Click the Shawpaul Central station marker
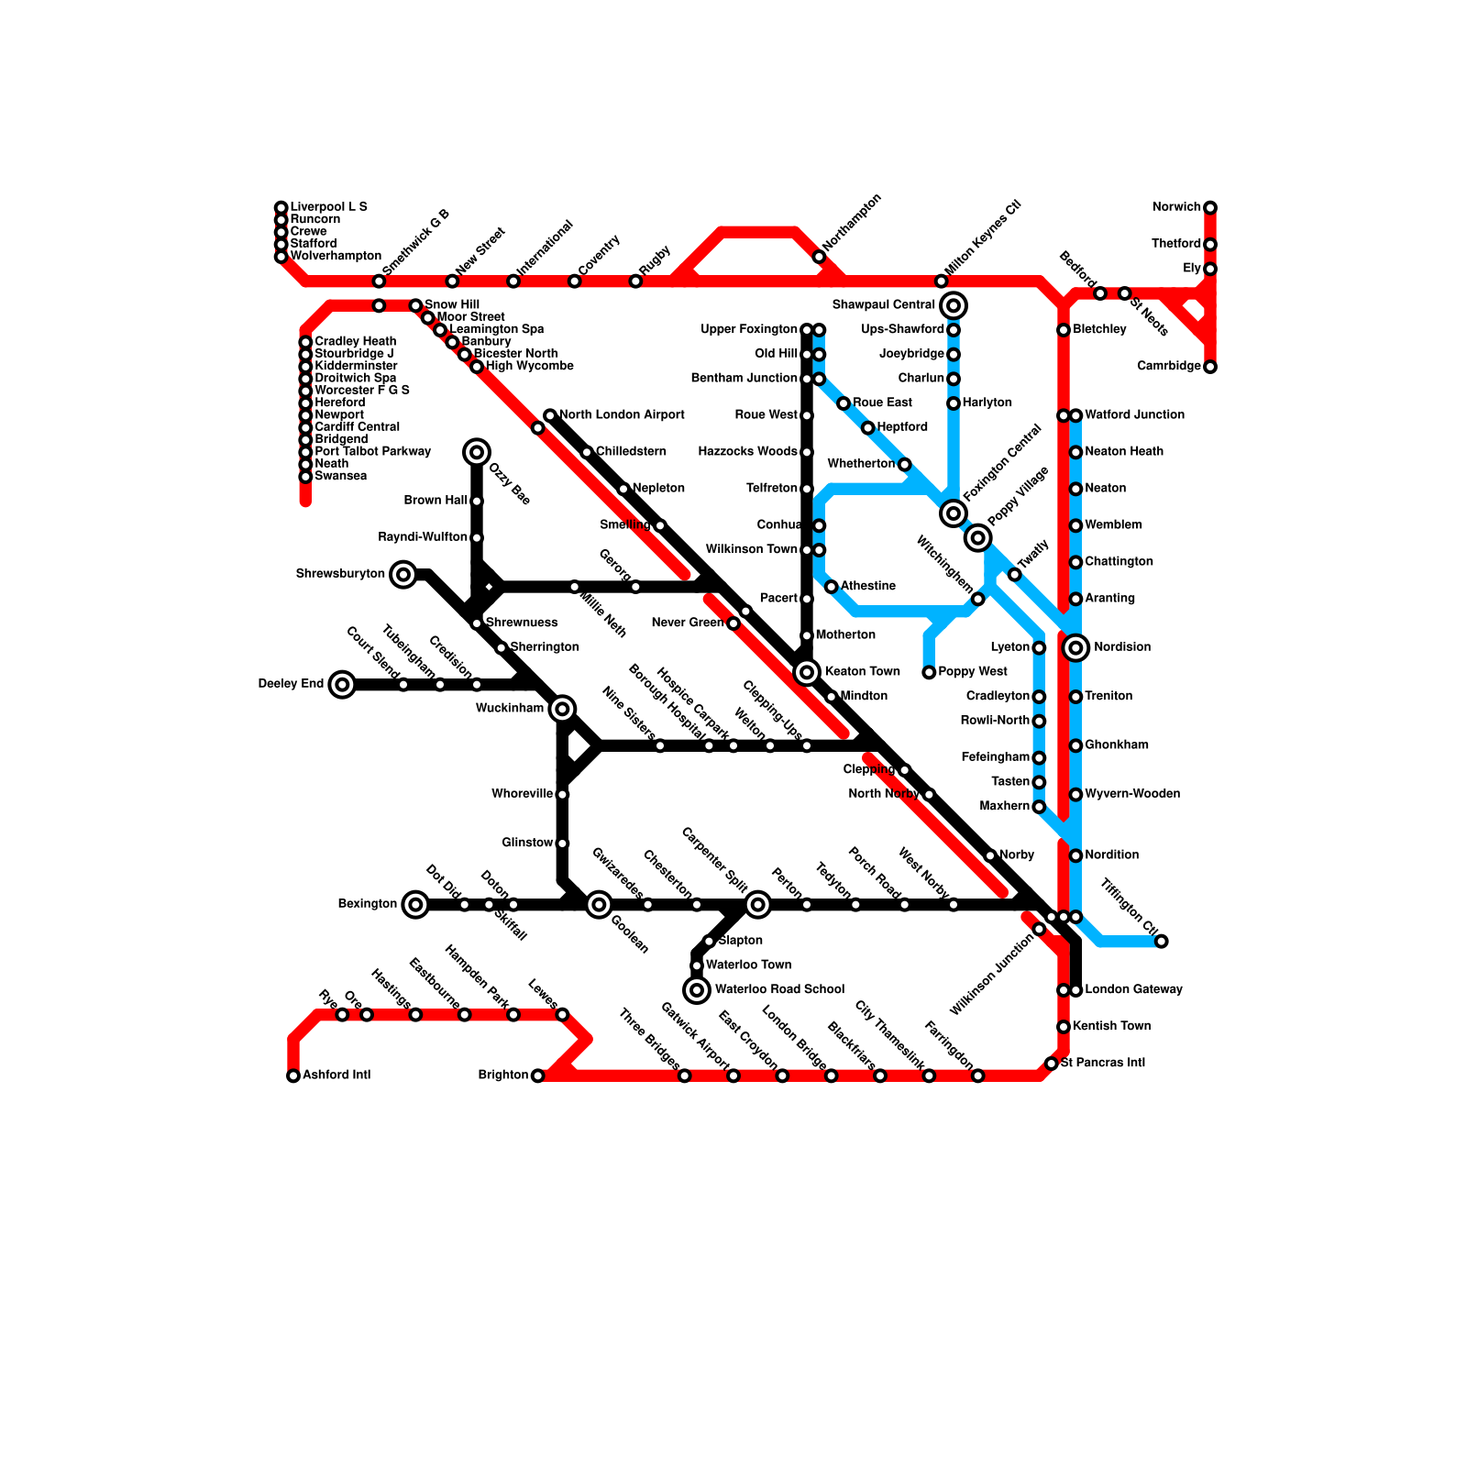(954, 305)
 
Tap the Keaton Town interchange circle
(807, 672)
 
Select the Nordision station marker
(1076, 647)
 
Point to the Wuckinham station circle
(563, 709)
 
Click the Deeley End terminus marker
(342, 684)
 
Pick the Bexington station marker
(415, 905)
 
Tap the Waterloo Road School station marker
(697, 990)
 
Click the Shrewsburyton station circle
(403, 575)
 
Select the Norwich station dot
(1210, 207)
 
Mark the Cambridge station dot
(1210, 367)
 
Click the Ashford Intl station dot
(293, 1075)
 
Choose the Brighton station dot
(538, 1075)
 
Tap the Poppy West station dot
(929, 672)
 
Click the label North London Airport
(622, 415)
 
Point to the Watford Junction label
(1134, 415)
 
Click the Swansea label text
(340, 476)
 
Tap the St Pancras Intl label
(1103, 1064)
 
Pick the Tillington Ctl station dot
(1162, 942)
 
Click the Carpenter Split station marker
(757, 905)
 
